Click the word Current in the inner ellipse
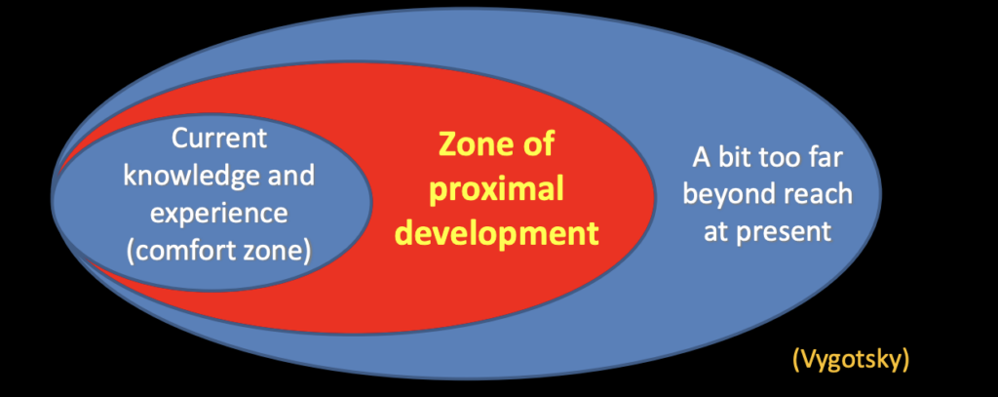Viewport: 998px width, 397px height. pyautogui.click(x=219, y=139)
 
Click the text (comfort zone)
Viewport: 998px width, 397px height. pyautogui.click(x=219, y=251)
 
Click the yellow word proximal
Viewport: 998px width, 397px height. pyautogui.click(x=496, y=190)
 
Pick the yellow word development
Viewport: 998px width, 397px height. pyautogui.click(x=496, y=233)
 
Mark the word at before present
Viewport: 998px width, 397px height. pyautogui.click(x=716, y=232)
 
